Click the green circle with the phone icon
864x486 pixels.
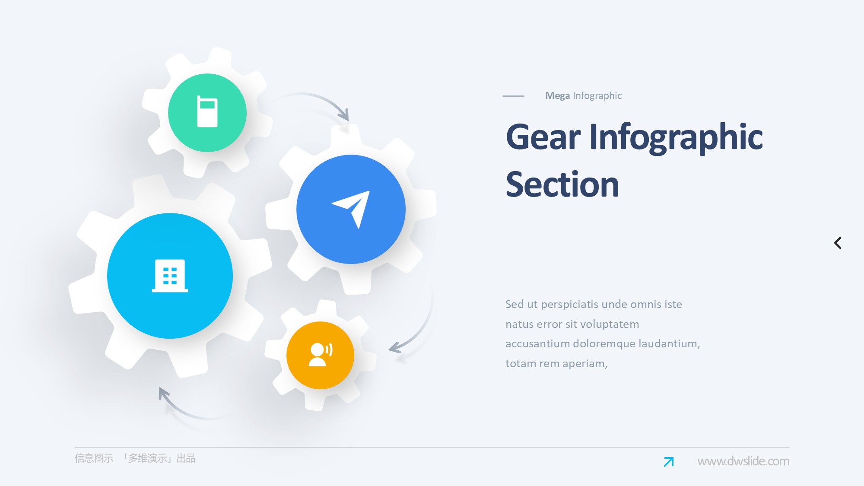(207, 113)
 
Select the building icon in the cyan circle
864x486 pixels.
(170, 276)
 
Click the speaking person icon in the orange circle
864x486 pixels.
(320, 355)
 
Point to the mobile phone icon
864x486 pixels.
(207, 111)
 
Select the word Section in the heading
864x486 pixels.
(562, 184)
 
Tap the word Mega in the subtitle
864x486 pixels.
(557, 96)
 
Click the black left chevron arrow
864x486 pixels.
(838, 243)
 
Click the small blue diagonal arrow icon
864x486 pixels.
(669, 462)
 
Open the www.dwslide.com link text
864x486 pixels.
(743, 461)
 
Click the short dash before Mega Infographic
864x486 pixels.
(513, 96)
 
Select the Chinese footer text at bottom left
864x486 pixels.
(135, 458)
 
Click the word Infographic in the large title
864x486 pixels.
(676, 138)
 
